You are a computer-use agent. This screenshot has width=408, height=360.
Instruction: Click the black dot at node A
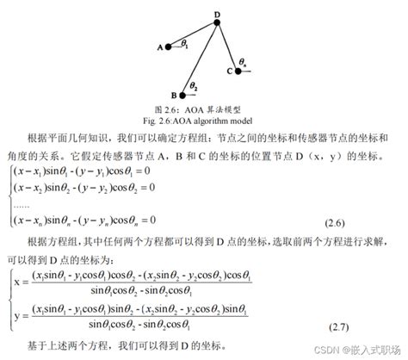169,47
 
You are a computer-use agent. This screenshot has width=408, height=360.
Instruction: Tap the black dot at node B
182,95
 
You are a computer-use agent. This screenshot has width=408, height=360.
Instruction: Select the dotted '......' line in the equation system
23,206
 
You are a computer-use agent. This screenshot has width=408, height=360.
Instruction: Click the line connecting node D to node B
200,59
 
